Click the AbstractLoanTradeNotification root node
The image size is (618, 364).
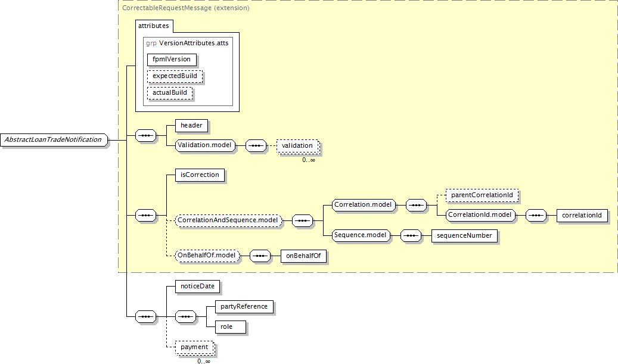pos(54,140)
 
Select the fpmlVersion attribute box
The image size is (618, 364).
pos(172,60)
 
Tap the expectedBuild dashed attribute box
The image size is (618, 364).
pos(175,76)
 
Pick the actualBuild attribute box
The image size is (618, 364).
pos(170,92)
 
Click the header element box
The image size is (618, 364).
pos(191,126)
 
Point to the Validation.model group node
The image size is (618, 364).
pos(205,145)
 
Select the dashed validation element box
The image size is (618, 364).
pos(297,146)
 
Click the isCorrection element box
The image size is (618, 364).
pos(200,175)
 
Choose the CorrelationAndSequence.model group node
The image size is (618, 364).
pos(229,220)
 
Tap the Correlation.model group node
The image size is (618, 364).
pos(364,205)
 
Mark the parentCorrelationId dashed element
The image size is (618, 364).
pos(482,195)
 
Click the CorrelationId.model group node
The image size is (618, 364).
pos(480,215)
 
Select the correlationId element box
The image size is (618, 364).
pos(582,216)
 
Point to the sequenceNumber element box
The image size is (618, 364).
pos(464,235)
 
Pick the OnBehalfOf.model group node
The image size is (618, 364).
pos(207,256)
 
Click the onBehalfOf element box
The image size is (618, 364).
pos(303,256)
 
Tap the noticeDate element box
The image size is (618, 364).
pos(197,287)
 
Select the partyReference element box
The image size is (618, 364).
pos(244,306)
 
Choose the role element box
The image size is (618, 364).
pos(231,327)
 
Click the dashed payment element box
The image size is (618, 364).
pos(194,347)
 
